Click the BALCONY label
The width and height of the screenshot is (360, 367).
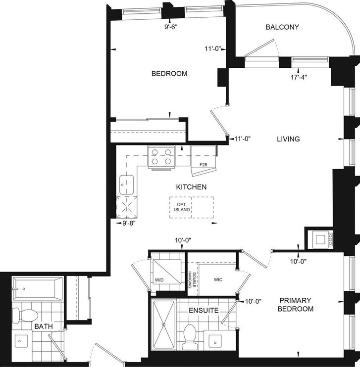282,27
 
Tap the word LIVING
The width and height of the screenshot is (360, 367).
288,139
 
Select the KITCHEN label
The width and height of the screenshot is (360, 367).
191,187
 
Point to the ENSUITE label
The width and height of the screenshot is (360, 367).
204,310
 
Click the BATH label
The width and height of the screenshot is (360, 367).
44,326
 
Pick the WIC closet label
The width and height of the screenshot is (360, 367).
218,279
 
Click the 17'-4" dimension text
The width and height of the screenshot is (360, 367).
299,77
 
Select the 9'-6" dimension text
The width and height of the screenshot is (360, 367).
171,27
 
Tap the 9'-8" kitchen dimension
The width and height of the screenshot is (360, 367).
129,223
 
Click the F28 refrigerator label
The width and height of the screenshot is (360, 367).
203,165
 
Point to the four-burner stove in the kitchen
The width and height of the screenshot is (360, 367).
161,157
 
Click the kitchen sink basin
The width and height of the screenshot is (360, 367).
127,184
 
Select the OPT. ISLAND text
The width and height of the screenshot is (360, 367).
182,207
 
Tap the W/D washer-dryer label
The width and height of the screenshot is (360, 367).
159,279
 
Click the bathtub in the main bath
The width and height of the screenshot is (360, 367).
38,289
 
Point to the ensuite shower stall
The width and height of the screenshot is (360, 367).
163,324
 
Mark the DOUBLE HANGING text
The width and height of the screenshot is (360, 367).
193,279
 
